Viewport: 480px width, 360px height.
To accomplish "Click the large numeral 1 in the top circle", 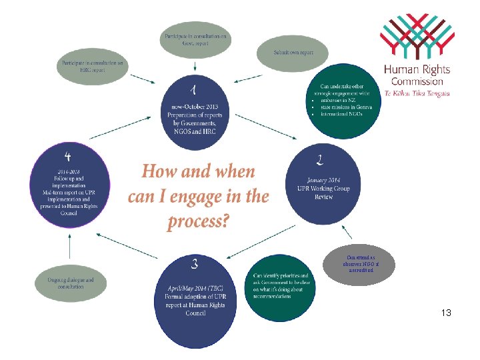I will click(x=192, y=89).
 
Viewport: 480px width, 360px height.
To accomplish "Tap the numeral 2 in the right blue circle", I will click(x=321, y=159).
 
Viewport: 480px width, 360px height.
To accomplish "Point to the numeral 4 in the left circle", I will click(x=68, y=156).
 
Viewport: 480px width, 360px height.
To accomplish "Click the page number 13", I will click(x=446, y=312).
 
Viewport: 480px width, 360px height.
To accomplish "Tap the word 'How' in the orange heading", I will click(x=159, y=172).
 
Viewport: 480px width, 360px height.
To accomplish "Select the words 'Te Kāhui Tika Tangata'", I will click(x=417, y=94).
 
